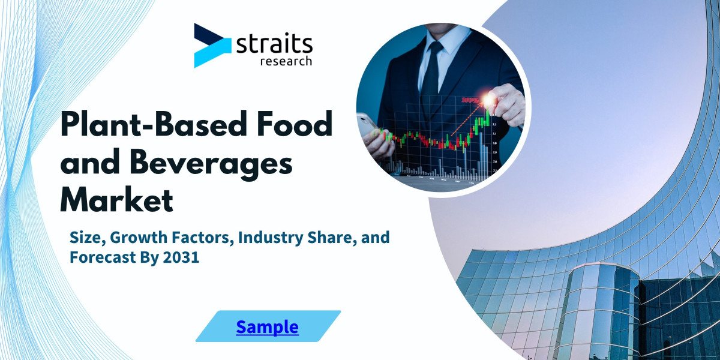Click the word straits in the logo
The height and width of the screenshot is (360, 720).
click(x=274, y=44)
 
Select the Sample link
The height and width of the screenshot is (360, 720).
click(x=267, y=327)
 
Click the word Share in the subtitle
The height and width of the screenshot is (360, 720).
click(x=333, y=238)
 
